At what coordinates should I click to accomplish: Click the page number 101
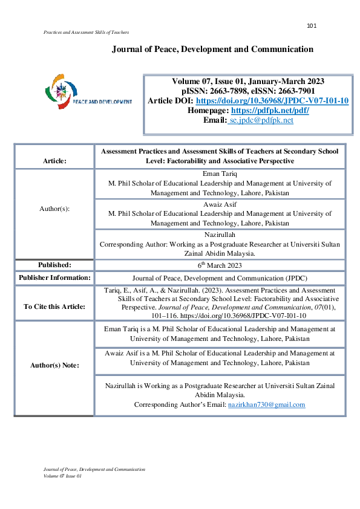[x=312, y=25]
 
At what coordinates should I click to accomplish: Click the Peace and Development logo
[x=88, y=94]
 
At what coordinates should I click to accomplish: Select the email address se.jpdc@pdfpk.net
[x=261, y=120]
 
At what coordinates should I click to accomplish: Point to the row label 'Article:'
[x=54, y=161]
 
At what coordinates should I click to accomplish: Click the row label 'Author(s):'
[x=54, y=208]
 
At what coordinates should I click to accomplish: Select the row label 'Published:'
[x=54, y=265]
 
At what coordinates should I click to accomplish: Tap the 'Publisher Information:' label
[x=54, y=277]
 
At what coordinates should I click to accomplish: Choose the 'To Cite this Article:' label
[x=54, y=306]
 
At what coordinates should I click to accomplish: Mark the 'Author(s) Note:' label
[x=54, y=365]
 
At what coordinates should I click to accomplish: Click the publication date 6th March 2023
[x=220, y=265]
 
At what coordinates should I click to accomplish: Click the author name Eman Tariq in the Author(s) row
[x=220, y=174]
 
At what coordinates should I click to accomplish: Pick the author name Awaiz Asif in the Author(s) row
[x=220, y=205]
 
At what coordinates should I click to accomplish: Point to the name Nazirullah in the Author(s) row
[x=220, y=236]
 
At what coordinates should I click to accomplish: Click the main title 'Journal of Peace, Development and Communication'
[x=212, y=49]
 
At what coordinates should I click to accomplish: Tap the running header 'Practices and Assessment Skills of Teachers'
[x=87, y=31]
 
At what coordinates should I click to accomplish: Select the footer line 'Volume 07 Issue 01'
[x=63, y=476]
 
